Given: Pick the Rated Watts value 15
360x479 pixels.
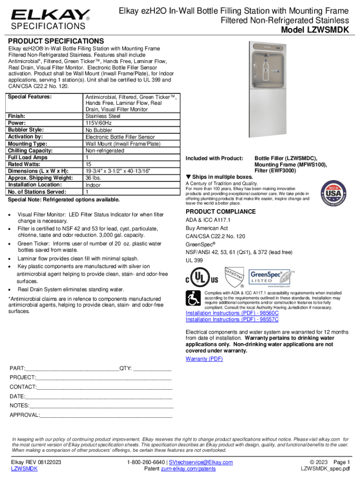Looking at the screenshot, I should (88, 164).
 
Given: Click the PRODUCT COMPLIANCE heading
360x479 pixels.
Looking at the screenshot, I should (221, 211).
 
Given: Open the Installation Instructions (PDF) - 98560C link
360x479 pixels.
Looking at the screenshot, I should (232, 313).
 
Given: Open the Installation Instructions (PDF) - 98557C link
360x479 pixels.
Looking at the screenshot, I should (232, 319).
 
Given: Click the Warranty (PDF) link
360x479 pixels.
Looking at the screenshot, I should (204, 359).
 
